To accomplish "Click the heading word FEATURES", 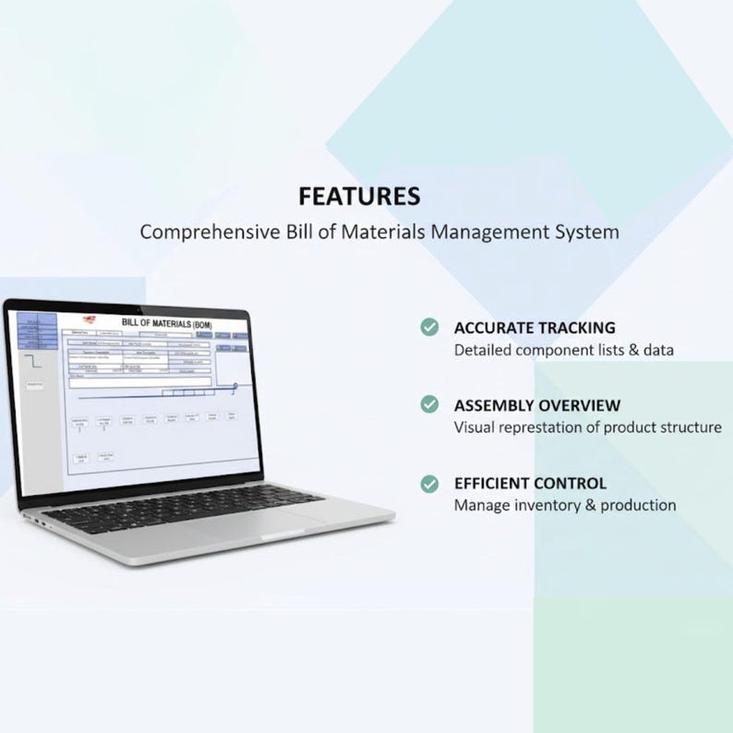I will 359,197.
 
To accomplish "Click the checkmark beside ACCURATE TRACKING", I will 429,327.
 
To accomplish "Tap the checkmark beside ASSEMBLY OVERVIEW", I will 429,404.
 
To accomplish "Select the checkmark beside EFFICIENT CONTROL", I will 429,483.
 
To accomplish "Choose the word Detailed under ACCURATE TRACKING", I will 482,350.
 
